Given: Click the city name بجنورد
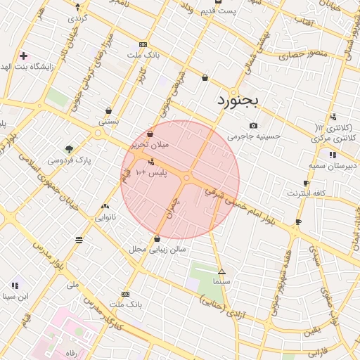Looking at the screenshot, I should tap(237, 100).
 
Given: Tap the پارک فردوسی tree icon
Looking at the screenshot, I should tap(69, 148).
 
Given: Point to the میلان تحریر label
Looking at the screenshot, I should tap(150, 144).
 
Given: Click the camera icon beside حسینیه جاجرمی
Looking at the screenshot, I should tap(253, 125).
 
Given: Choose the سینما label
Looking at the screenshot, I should tap(221, 281).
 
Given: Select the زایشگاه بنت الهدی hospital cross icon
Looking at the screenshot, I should tap(23, 55).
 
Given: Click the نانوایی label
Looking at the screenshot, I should tap(105, 217).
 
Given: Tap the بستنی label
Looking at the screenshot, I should tap(108, 121).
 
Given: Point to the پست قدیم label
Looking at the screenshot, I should tap(218, 11).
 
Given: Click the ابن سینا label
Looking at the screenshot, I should tap(15, 296).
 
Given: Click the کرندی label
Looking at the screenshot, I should tap(77, 17).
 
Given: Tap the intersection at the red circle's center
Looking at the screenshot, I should tap(186, 179).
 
